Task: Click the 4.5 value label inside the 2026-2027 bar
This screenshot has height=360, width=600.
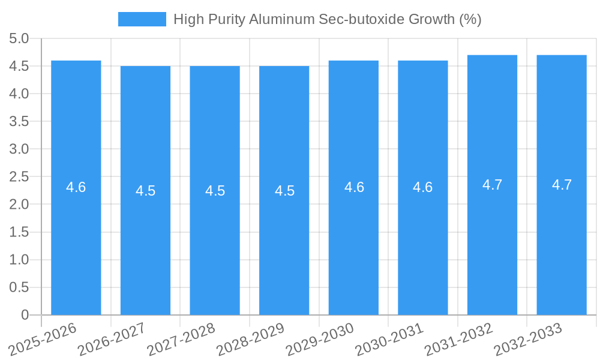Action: click(145, 191)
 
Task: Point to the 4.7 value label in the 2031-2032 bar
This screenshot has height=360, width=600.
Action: click(492, 185)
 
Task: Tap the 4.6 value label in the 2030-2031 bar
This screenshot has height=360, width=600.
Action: click(422, 187)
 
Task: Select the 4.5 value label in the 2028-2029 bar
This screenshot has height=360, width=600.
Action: click(284, 191)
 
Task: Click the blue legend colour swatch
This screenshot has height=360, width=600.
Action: click(142, 19)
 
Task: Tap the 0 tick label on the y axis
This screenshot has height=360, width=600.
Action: click(25, 315)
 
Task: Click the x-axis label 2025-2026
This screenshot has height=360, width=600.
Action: click(44, 337)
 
